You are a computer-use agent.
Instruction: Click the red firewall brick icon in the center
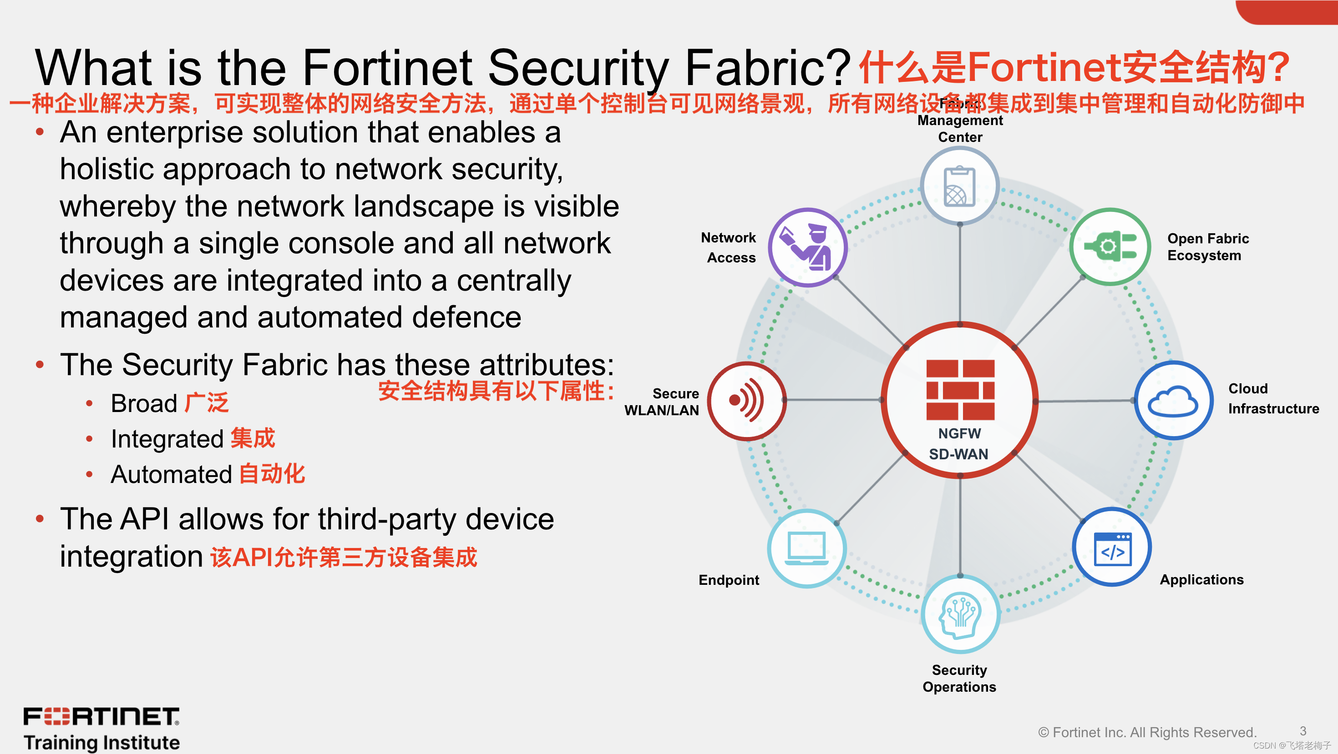point(960,389)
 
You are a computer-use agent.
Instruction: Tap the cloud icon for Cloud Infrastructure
point(1173,401)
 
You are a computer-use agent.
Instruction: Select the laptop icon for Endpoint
point(806,548)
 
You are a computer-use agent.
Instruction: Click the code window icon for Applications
point(1112,548)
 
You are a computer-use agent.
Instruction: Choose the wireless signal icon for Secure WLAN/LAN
point(747,400)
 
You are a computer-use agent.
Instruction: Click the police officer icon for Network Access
point(808,247)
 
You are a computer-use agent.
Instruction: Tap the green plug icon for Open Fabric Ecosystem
point(1110,246)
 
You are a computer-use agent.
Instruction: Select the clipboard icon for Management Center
point(959,186)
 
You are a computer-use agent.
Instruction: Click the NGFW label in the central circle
point(959,433)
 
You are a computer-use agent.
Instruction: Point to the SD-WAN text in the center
point(958,454)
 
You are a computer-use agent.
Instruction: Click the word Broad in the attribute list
point(144,403)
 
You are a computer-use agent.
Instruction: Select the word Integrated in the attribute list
point(167,439)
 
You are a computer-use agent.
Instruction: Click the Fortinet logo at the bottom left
point(101,717)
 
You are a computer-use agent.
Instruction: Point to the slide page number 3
point(1303,731)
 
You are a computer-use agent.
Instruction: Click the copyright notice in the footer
point(1147,732)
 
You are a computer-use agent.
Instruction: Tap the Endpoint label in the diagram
point(728,580)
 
